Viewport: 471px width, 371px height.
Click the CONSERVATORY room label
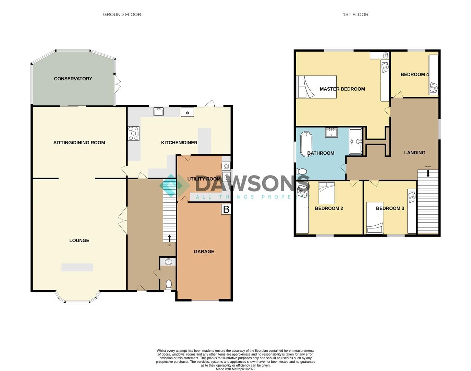[x=73, y=79]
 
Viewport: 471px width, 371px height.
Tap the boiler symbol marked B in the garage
[x=226, y=209]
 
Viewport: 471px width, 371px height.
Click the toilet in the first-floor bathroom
[x=302, y=171]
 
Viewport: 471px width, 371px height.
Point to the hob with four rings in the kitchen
[x=133, y=133]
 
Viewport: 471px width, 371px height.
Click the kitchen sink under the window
[x=158, y=112]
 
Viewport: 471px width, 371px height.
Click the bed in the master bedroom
[x=317, y=87]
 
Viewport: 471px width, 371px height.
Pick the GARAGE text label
[x=204, y=251]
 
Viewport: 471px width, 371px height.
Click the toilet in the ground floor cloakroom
[x=168, y=284]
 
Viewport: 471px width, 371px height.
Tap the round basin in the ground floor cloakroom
[x=168, y=262]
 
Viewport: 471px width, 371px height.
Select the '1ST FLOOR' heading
[x=355, y=14]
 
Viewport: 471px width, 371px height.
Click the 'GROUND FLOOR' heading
[x=122, y=14]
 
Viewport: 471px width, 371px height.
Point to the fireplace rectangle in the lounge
[x=77, y=267]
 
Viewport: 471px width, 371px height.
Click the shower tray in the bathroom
[x=355, y=141]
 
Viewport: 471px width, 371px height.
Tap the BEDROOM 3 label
[x=390, y=208]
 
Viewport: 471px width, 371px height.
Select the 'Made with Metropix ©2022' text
[x=236, y=369]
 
